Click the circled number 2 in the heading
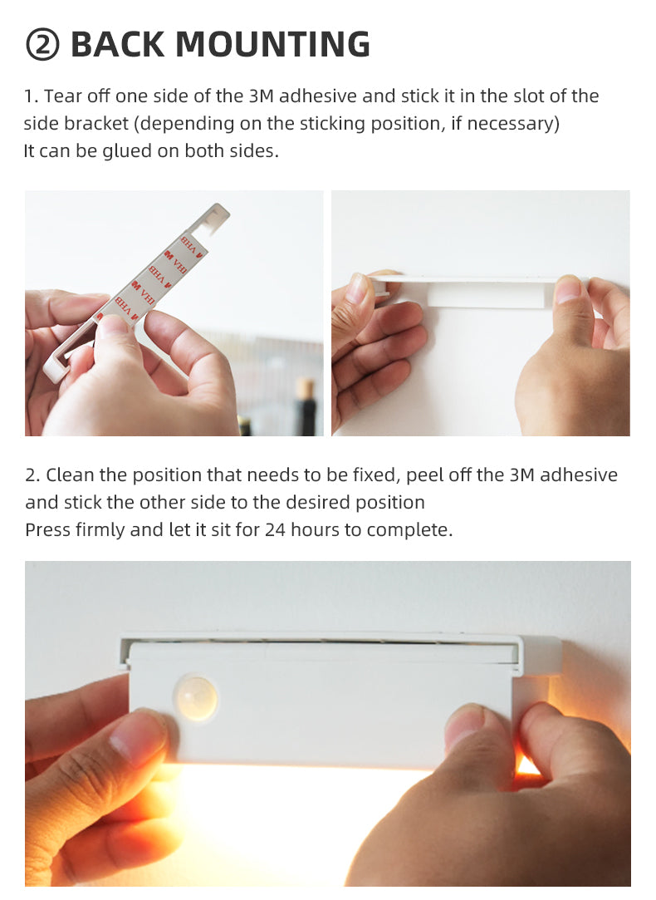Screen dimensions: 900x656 [x=42, y=46]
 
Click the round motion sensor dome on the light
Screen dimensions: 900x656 [x=196, y=697]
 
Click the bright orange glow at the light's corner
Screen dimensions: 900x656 [x=526, y=764]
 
